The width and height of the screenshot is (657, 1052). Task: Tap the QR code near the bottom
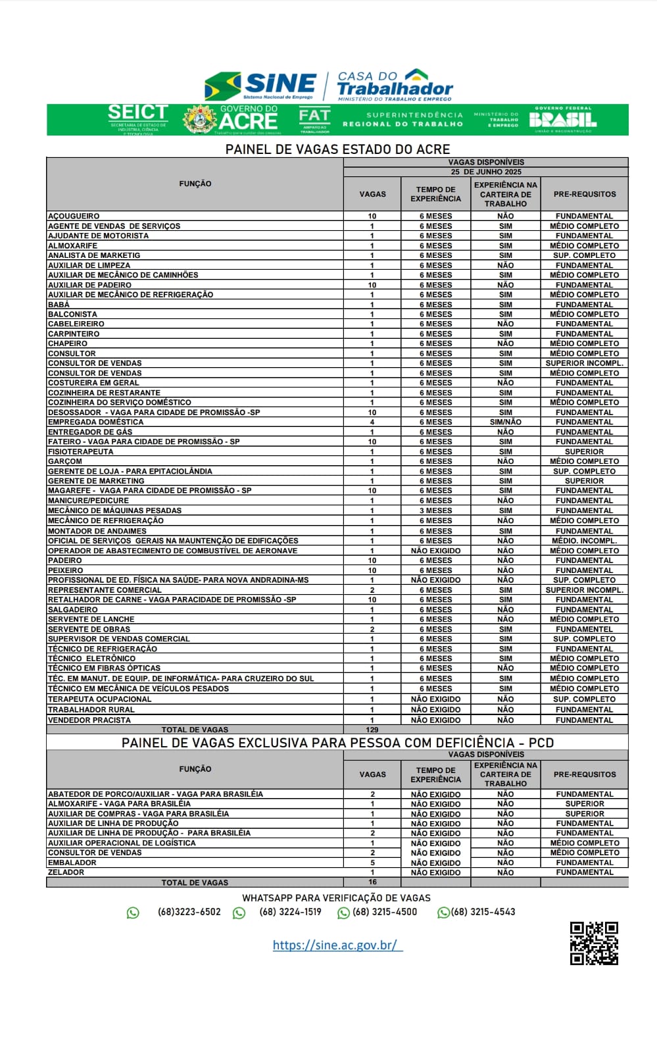tap(593, 943)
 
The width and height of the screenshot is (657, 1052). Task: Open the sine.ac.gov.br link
tap(337, 945)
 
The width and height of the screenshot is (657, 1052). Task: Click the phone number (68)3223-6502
tap(189, 912)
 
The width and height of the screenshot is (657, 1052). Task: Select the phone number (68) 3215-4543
tap(483, 912)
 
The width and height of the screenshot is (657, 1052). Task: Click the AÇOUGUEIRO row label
tap(74, 216)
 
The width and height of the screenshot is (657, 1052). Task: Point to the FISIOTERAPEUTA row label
tap(80, 451)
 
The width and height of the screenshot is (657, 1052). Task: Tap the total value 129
tap(372, 730)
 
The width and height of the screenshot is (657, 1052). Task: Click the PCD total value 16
tap(372, 882)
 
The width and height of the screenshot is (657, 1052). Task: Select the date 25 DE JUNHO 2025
tap(486, 172)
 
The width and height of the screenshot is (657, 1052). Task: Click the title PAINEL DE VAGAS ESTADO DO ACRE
tap(337, 149)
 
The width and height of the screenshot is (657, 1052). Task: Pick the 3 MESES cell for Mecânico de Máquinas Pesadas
tap(436, 511)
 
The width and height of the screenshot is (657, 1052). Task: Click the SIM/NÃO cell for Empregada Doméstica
tap(505, 422)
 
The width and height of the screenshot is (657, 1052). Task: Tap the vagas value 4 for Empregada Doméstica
tap(372, 422)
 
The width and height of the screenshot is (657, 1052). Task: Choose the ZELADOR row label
tap(66, 872)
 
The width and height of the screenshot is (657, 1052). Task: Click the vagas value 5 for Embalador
tap(372, 863)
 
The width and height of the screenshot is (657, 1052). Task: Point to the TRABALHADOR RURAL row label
tap(91, 710)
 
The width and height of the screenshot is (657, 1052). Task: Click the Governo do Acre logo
tap(231, 119)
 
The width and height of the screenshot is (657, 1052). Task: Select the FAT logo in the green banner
tap(314, 119)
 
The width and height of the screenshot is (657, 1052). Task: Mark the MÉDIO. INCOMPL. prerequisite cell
tap(584, 541)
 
